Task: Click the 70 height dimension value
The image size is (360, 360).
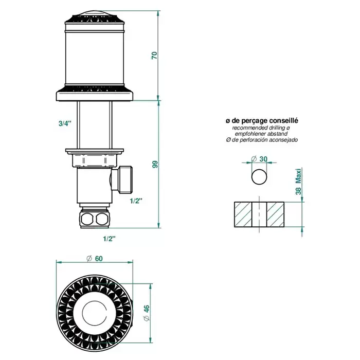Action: tap(155, 56)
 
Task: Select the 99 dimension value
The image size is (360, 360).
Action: tap(155, 165)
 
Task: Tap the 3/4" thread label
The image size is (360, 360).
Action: tap(65, 123)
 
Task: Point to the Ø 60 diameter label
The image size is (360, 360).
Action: tap(94, 259)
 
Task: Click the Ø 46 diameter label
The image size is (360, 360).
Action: tap(147, 313)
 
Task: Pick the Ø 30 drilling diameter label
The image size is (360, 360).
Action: tap(259, 159)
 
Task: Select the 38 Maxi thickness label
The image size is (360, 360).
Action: tap(298, 182)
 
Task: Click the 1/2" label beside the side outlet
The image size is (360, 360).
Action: tap(136, 201)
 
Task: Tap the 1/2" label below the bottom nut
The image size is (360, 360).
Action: tap(109, 239)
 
